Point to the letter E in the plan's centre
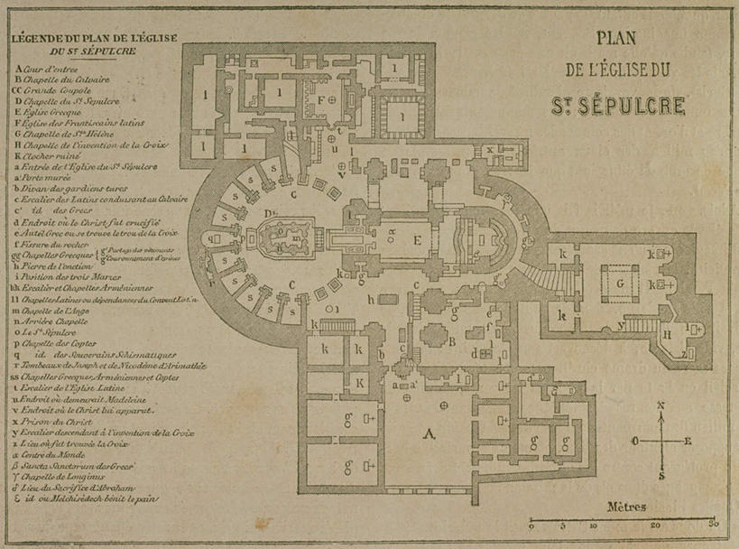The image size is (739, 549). point(416,240)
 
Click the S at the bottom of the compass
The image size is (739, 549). point(662,473)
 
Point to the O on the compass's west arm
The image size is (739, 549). point(635,441)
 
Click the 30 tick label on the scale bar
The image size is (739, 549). point(713,524)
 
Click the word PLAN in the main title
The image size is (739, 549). point(616,39)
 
